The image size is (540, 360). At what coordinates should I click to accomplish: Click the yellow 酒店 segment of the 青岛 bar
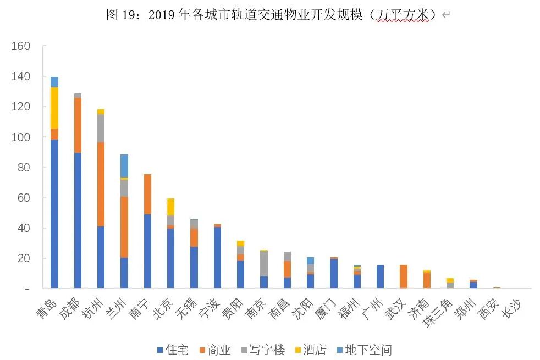pyautogui.click(x=54, y=108)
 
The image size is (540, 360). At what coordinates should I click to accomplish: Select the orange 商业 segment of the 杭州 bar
pyautogui.click(x=101, y=184)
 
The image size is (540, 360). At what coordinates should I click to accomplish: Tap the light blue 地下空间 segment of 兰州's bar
pyautogui.click(x=124, y=165)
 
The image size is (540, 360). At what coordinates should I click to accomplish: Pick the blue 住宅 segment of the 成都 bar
pyautogui.click(x=78, y=220)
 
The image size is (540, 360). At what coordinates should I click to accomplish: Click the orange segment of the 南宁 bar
pyautogui.click(x=148, y=194)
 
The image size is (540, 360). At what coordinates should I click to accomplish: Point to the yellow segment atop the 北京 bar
pyautogui.click(x=171, y=207)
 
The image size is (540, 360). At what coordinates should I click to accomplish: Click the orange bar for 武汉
pyautogui.click(x=404, y=276)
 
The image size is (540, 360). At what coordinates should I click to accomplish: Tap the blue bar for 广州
pyautogui.click(x=381, y=276)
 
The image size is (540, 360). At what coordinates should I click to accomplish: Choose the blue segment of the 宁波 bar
pyautogui.click(x=218, y=257)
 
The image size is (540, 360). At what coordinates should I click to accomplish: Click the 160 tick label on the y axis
pyautogui.click(x=20, y=46)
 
